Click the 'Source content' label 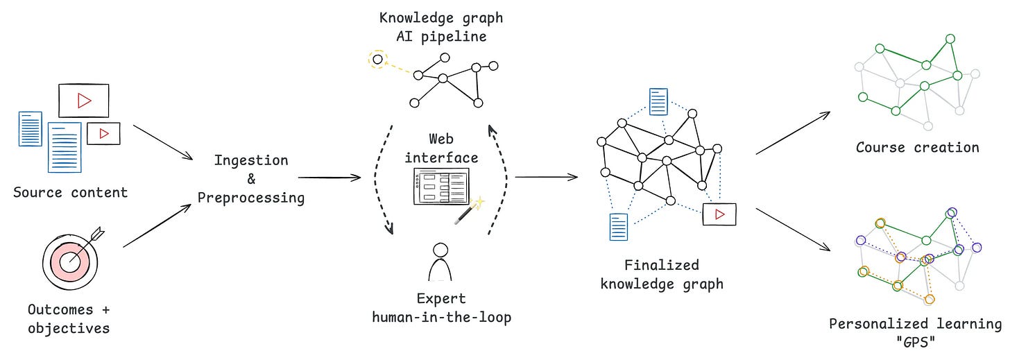pyautogui.click(x=71, y=192)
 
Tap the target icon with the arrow pyautogui.click(x=71, y=260)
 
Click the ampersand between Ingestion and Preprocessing pyautogui.click(x=251, y=179)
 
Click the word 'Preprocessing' pyautogui.click(x=251, y=198)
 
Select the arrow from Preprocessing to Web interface pyautogui.click(x=329, y=178)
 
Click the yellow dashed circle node pyautogui.click(x=377, y=60)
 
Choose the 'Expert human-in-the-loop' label pyautogui.click(x=441, y=309)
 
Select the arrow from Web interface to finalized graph pyautogui.click(x=547, y=178)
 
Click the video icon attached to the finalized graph pyautogui.click(x=719, y=214)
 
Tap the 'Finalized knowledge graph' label pyautogui.click(x=661, y=275)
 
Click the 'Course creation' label pyautogui.click(x=917, y=147)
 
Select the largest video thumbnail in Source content pyautogui.click(x=83, y=101)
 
